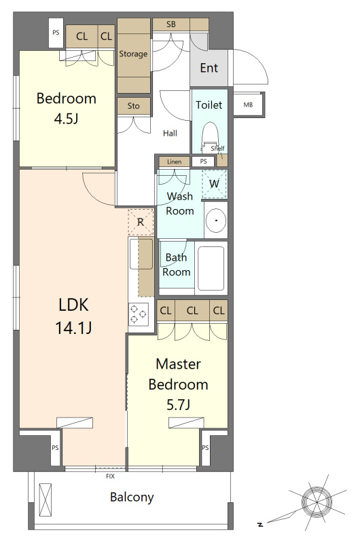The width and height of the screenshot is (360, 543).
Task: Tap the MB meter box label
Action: point(248,105)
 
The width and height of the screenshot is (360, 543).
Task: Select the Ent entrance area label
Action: point(209,68)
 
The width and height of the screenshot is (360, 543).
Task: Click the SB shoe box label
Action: point(170,24)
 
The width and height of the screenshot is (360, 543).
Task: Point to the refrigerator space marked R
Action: point(141,222)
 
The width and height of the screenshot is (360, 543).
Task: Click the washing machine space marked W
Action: point(214,183)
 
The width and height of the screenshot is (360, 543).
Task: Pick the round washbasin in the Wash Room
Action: point(215,220)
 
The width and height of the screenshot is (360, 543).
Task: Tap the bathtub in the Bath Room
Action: point(211,268)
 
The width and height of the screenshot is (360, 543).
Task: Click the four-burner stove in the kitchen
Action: point(139,314)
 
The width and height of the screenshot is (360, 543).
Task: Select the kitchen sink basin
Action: point(141,254)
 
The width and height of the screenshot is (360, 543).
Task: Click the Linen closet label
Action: point(175,162)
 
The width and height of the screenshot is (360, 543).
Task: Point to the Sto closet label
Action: point(133,106)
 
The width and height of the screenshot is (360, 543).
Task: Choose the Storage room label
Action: point(133,54)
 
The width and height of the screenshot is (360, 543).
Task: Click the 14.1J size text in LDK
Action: point(73,327)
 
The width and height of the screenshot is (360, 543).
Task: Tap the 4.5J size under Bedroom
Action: point(66,119)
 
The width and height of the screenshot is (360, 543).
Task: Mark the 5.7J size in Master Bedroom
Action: point(178,405)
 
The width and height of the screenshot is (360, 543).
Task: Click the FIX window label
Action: point(110,476)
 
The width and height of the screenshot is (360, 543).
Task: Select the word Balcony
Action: point(132,498)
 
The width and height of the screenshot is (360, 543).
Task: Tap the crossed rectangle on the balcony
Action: point(46,500)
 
